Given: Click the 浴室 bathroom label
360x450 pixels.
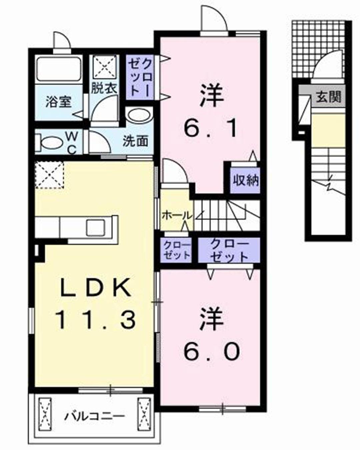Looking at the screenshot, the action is click(x=59, y=102).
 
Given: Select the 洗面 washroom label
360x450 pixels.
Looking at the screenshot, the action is click(x=136, y=141).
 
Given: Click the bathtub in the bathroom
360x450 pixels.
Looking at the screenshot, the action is click(x=59, y=70).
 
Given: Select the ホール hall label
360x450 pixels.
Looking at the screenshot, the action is click(x=177, y=215).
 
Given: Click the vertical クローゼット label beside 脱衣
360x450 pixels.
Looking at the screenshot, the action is click(x=140, y=78).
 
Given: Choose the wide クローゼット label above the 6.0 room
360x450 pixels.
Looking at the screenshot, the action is click(x=229, y=250).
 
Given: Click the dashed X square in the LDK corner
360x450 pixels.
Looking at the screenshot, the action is click(x=49, y=175).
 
